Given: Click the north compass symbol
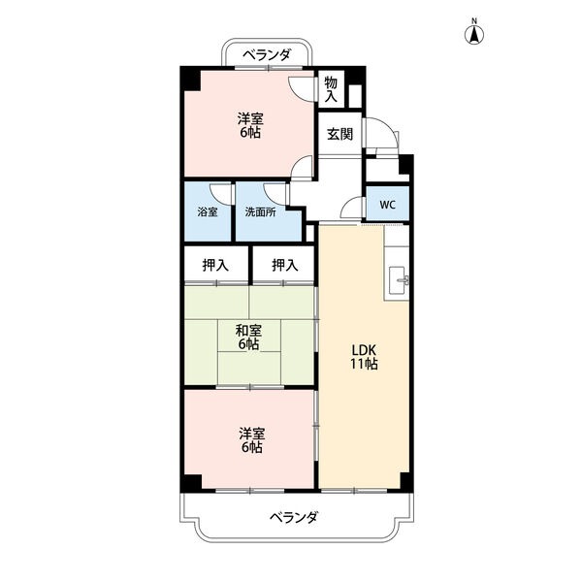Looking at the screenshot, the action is coord(474,36).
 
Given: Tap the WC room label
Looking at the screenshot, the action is coord(387,205).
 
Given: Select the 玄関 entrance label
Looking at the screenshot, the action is coord(339,134).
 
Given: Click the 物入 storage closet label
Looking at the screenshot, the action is coord(331,89).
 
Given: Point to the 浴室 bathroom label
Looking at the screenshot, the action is coord(208,212).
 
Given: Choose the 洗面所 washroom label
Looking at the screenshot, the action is coord(260,212).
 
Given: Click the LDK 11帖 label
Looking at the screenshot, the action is coord(364,357).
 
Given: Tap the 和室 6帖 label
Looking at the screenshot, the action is coord(248,337).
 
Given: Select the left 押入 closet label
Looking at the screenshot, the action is coord(215,265).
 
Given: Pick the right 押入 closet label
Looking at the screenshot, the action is coord(284,265).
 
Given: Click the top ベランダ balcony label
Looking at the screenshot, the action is coord(267,55).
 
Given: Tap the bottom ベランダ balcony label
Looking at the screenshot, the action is coord(293,517).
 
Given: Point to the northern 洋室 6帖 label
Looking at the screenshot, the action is coord(250,125).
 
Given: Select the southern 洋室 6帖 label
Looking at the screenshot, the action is coord(251,440).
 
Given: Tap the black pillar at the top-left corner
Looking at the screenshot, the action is coord(190,78).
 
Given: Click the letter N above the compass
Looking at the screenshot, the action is coord(474,21).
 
